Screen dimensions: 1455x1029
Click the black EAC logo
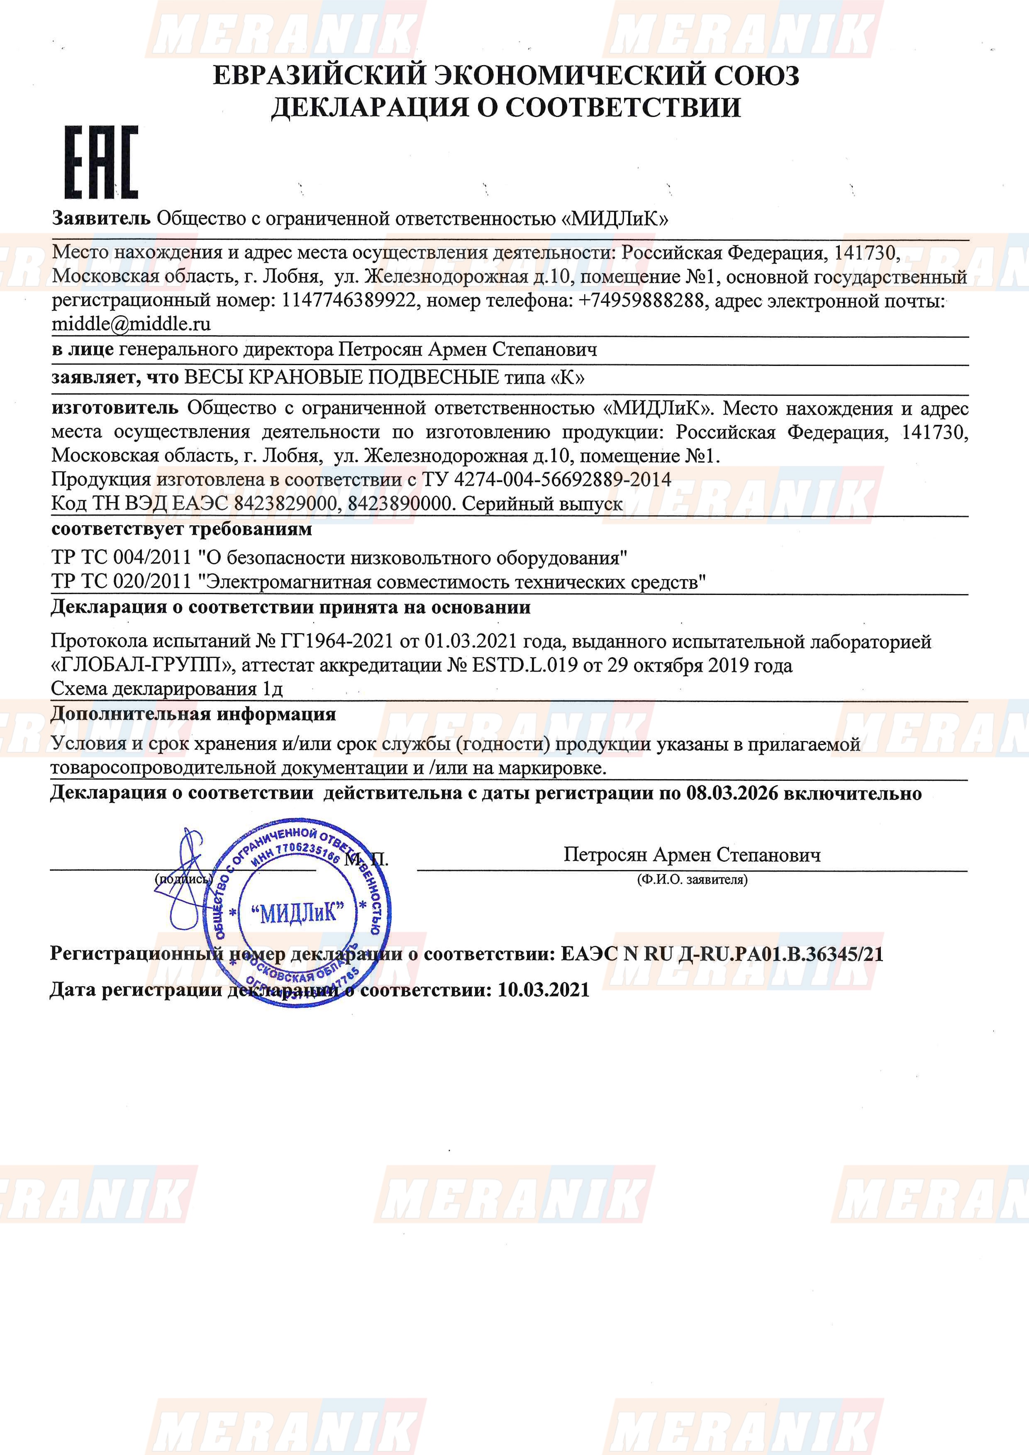[101, 162]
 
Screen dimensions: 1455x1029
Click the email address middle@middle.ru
[131, 324]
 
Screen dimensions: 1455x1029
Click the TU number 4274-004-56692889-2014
[563, 479]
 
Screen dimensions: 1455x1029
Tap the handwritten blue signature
[182, 881]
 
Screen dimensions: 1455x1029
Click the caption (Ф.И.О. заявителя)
[692, 880]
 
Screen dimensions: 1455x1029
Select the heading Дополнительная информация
[193, 714]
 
